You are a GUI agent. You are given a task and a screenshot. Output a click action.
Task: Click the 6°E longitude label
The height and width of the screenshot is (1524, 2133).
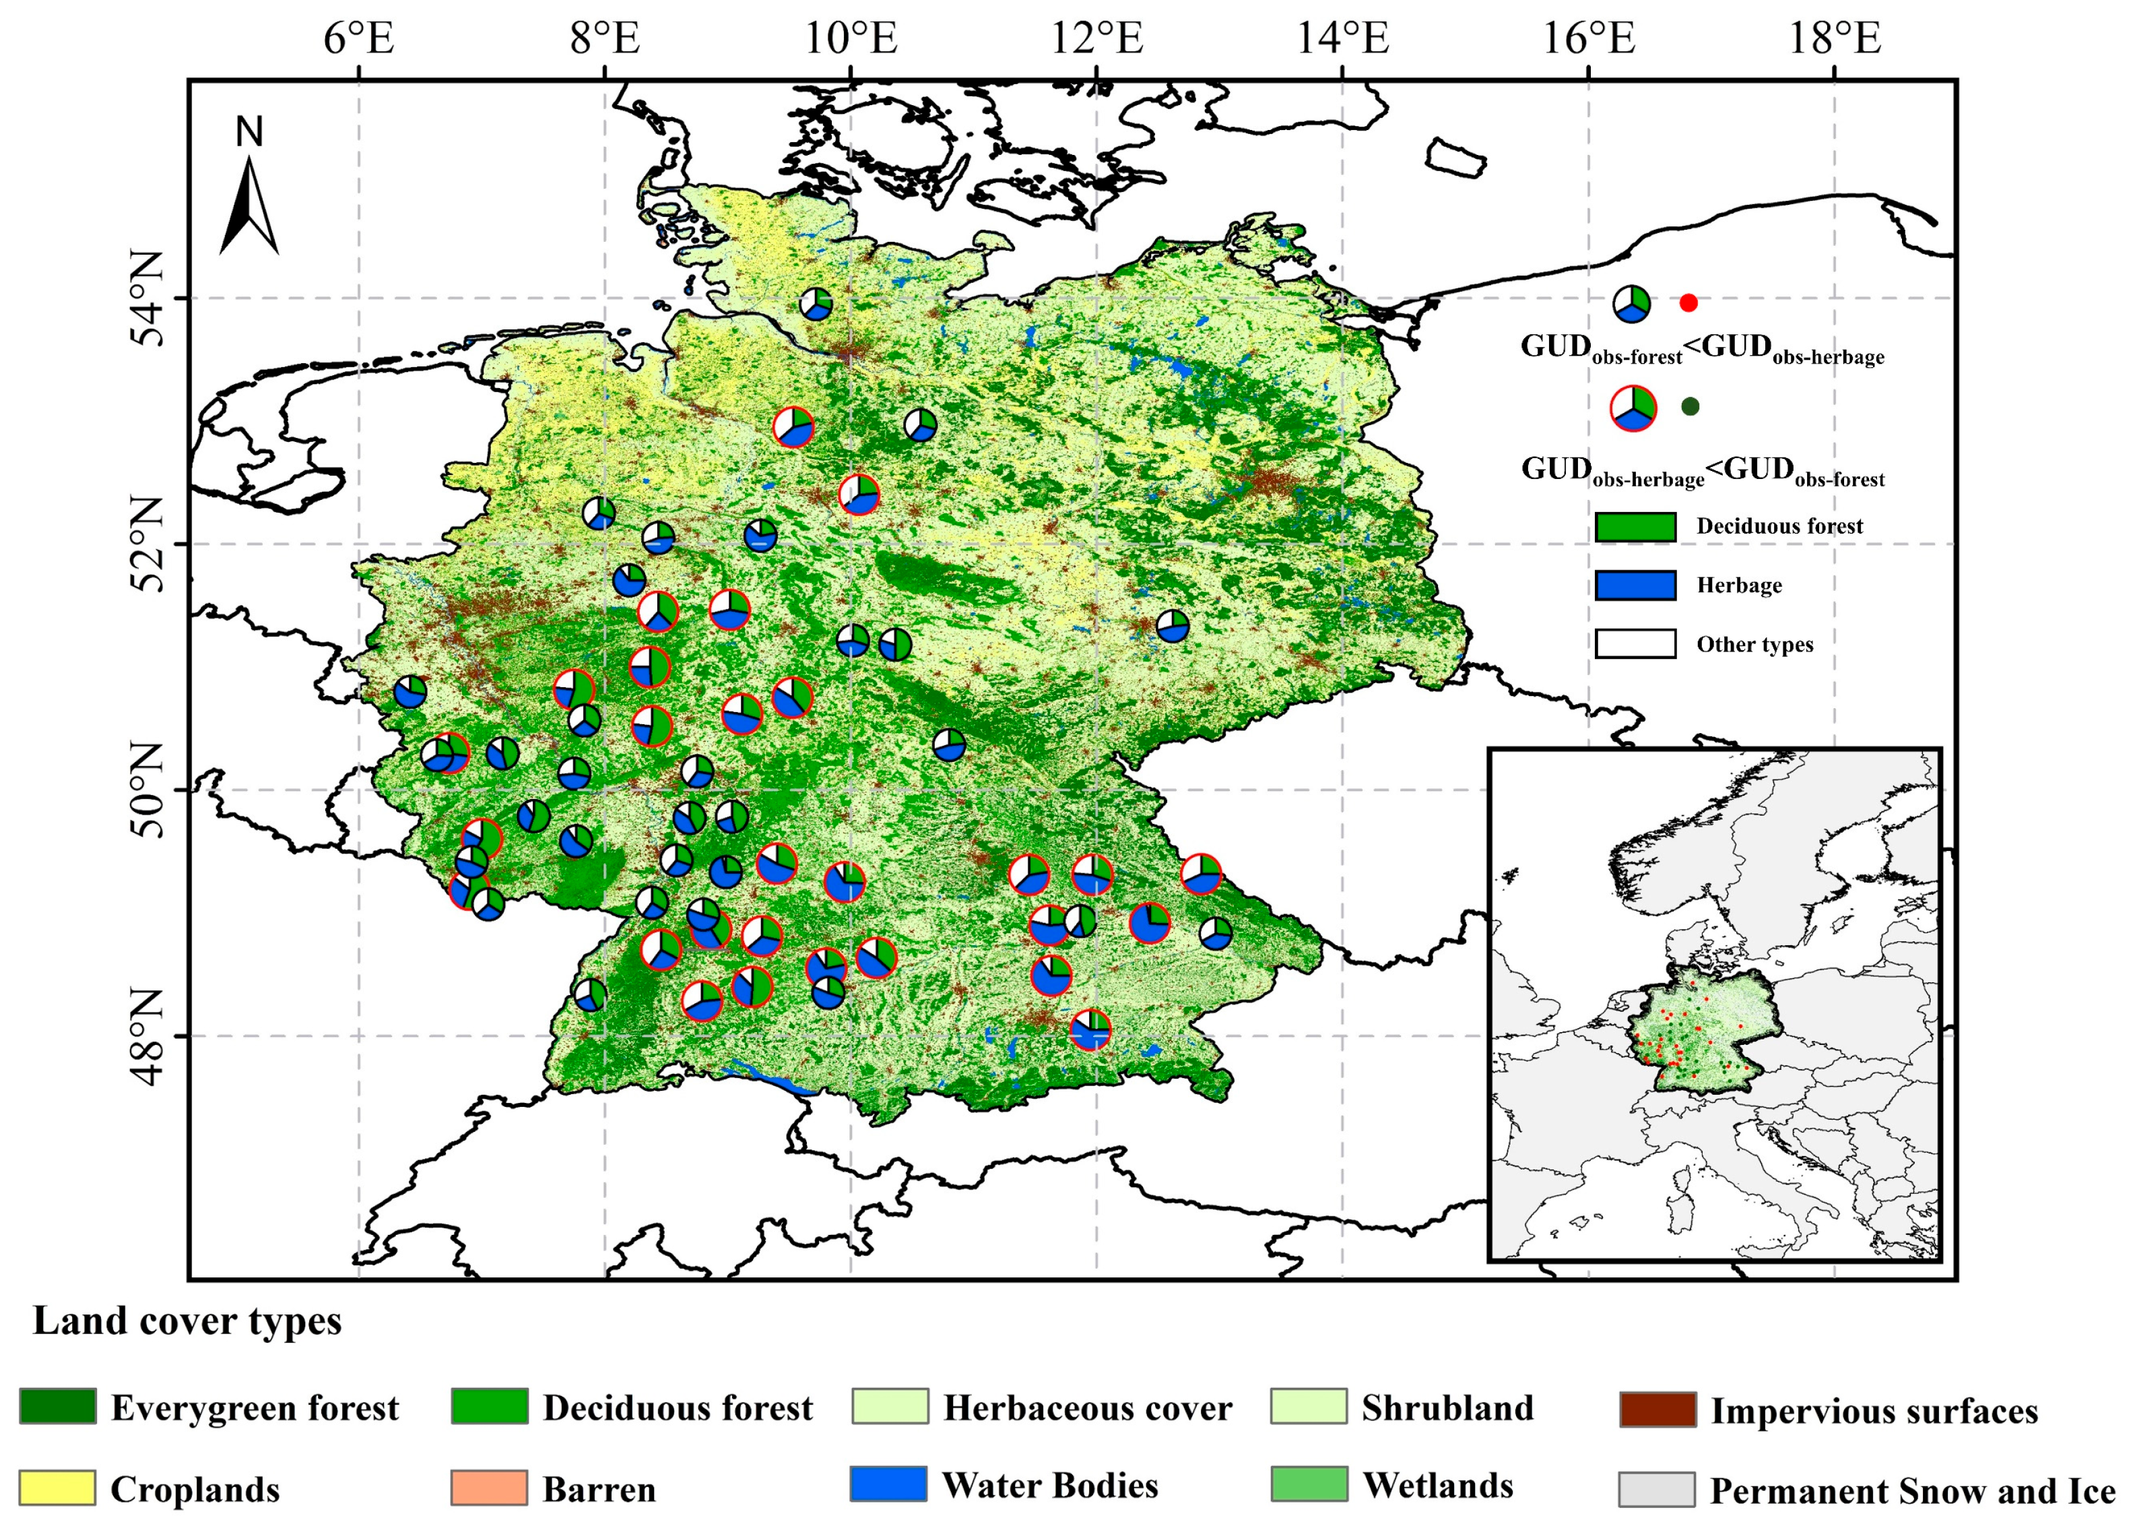point(358,39)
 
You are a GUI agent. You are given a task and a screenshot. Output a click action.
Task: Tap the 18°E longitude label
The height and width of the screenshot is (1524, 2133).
point(1834,39)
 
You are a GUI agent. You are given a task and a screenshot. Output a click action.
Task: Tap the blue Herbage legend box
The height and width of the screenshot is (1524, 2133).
point(1635,585)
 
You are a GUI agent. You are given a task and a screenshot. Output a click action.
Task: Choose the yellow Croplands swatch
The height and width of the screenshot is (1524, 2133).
point(57,1488)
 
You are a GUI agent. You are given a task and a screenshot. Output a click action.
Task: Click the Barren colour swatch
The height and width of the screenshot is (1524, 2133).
point(489,1488)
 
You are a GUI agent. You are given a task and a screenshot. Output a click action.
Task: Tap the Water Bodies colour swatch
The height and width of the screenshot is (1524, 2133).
point(888,1484)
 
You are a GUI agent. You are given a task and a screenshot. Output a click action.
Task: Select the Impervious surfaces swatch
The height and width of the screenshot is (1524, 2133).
point(1658,1409)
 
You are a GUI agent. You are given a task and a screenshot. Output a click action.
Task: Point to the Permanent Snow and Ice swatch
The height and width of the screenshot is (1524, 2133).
point(1658,1489)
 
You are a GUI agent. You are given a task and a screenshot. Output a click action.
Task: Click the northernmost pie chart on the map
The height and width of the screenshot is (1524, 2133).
point(816,303)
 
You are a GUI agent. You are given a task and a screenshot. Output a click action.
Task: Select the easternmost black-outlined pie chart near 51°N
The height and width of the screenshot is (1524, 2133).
point(1173,626)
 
